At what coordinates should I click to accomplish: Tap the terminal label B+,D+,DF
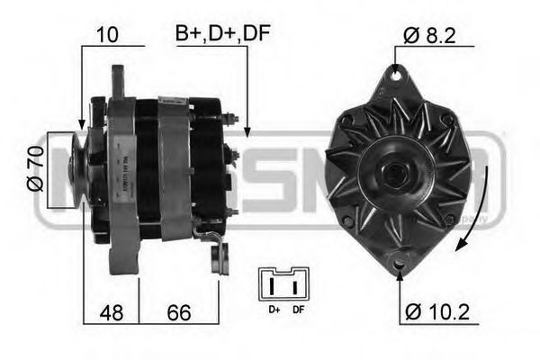222,34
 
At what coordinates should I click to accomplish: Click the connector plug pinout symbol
283,284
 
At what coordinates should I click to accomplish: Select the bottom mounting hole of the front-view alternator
400,262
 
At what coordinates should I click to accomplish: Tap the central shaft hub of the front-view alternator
396,169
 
